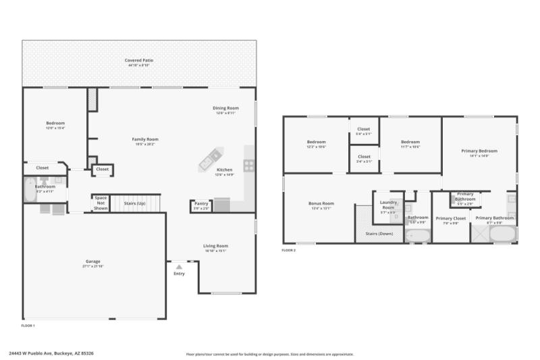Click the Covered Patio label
pos(139,61)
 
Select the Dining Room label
pos(226,108)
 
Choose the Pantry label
pos(201,203)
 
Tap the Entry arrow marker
pos(179,267)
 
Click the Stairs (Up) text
pos(135,203)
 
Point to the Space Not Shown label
pos(101,203)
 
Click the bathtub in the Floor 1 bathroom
pos(29,190)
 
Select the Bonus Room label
pos(321,203)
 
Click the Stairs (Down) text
pos(379,233)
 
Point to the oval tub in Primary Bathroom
pos(502,234)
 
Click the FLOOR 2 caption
pos(289,251)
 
